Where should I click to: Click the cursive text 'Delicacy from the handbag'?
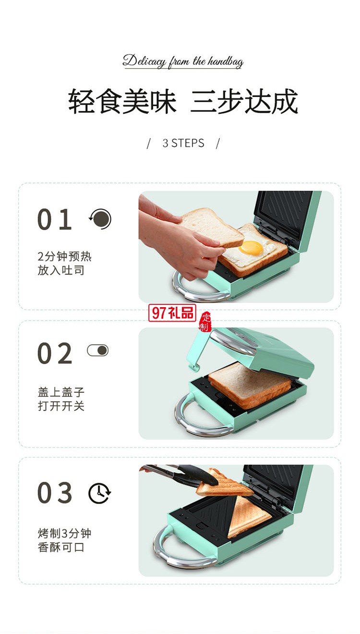[183, 61]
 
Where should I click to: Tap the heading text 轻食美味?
[122, 101]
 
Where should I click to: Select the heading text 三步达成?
[244, 101]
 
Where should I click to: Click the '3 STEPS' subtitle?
[183, 143]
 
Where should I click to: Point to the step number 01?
[55, 220]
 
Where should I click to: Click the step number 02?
[55, 354]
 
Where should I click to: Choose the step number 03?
[55, 493]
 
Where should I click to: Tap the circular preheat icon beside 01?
[100, 219]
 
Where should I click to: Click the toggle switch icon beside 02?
[98, 350]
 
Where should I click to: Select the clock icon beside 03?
[99, 493]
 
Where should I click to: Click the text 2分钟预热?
[64, 257]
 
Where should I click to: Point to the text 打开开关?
[61, 406]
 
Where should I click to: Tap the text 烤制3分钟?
[64, 534]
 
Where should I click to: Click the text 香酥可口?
[61, 547]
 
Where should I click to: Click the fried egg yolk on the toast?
[252, 248]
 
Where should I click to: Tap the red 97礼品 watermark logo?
[172, 313]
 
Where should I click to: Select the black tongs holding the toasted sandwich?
[182, 475]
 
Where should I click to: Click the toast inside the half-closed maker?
[250, 384]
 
